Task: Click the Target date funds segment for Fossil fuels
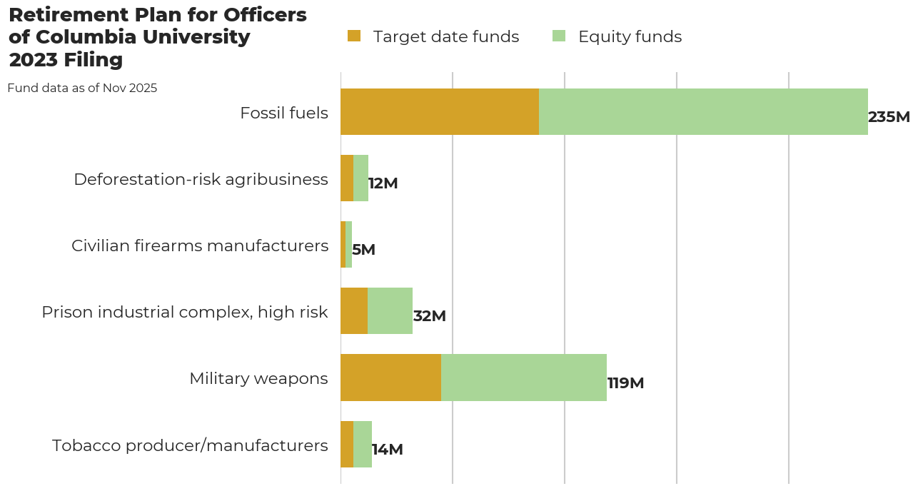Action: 439,112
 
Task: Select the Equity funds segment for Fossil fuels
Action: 703,112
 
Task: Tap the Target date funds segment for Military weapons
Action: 390,378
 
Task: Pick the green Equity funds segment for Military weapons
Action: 524,378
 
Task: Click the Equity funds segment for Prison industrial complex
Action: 390,311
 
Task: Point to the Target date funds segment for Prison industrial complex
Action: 354,311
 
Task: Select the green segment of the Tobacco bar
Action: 363,444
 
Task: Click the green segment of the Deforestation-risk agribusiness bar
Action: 360,178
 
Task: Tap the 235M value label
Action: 889,117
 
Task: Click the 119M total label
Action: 625,383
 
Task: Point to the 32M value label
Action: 429,316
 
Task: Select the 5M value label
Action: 363,250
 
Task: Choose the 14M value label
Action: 387,450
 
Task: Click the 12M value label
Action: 383,183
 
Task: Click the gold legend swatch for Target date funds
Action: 354,36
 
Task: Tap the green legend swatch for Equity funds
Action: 559,36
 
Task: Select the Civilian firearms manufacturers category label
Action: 200,246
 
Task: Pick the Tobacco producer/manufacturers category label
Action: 190,445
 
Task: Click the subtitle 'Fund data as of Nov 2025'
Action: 82,88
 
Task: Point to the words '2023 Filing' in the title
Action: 66,60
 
